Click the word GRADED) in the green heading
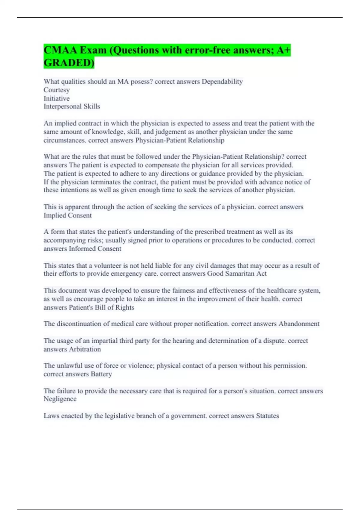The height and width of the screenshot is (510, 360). point(69,63)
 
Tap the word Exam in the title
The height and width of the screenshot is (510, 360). point(93,50)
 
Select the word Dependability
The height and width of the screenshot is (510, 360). point(222,82)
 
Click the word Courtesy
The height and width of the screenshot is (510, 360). point(56,90)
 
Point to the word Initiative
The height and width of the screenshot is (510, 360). point(56,98)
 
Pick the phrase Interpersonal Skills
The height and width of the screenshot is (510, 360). point(72,106)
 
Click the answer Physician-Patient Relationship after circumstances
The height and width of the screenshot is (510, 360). point(180,140)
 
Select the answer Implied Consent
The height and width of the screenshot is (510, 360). point(67,215)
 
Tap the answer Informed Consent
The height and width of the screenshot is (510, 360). point(95,249)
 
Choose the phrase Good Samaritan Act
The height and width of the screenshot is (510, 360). point(237,274)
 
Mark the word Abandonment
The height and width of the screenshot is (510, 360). point(299,324)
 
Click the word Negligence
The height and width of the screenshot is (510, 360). point(60,399)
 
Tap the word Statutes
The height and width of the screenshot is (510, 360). point(267,416)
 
